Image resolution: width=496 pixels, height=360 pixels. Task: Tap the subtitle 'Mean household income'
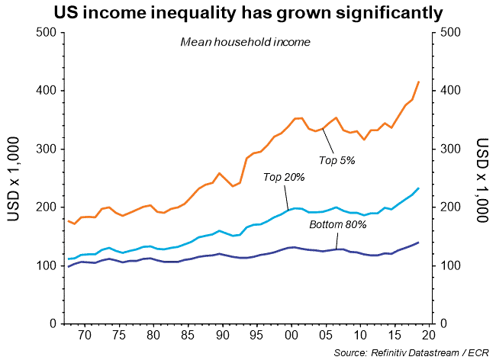tap(245, 42)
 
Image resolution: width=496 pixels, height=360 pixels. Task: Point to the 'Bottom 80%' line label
tap(337, 225)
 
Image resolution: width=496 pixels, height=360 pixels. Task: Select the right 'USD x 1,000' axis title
tap(482, 179)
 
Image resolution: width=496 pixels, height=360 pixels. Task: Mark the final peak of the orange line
tap(419, 82)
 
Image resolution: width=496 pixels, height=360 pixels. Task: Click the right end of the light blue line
tap(419, 188)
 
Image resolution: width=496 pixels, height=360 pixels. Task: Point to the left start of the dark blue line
tap(69, 266)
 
